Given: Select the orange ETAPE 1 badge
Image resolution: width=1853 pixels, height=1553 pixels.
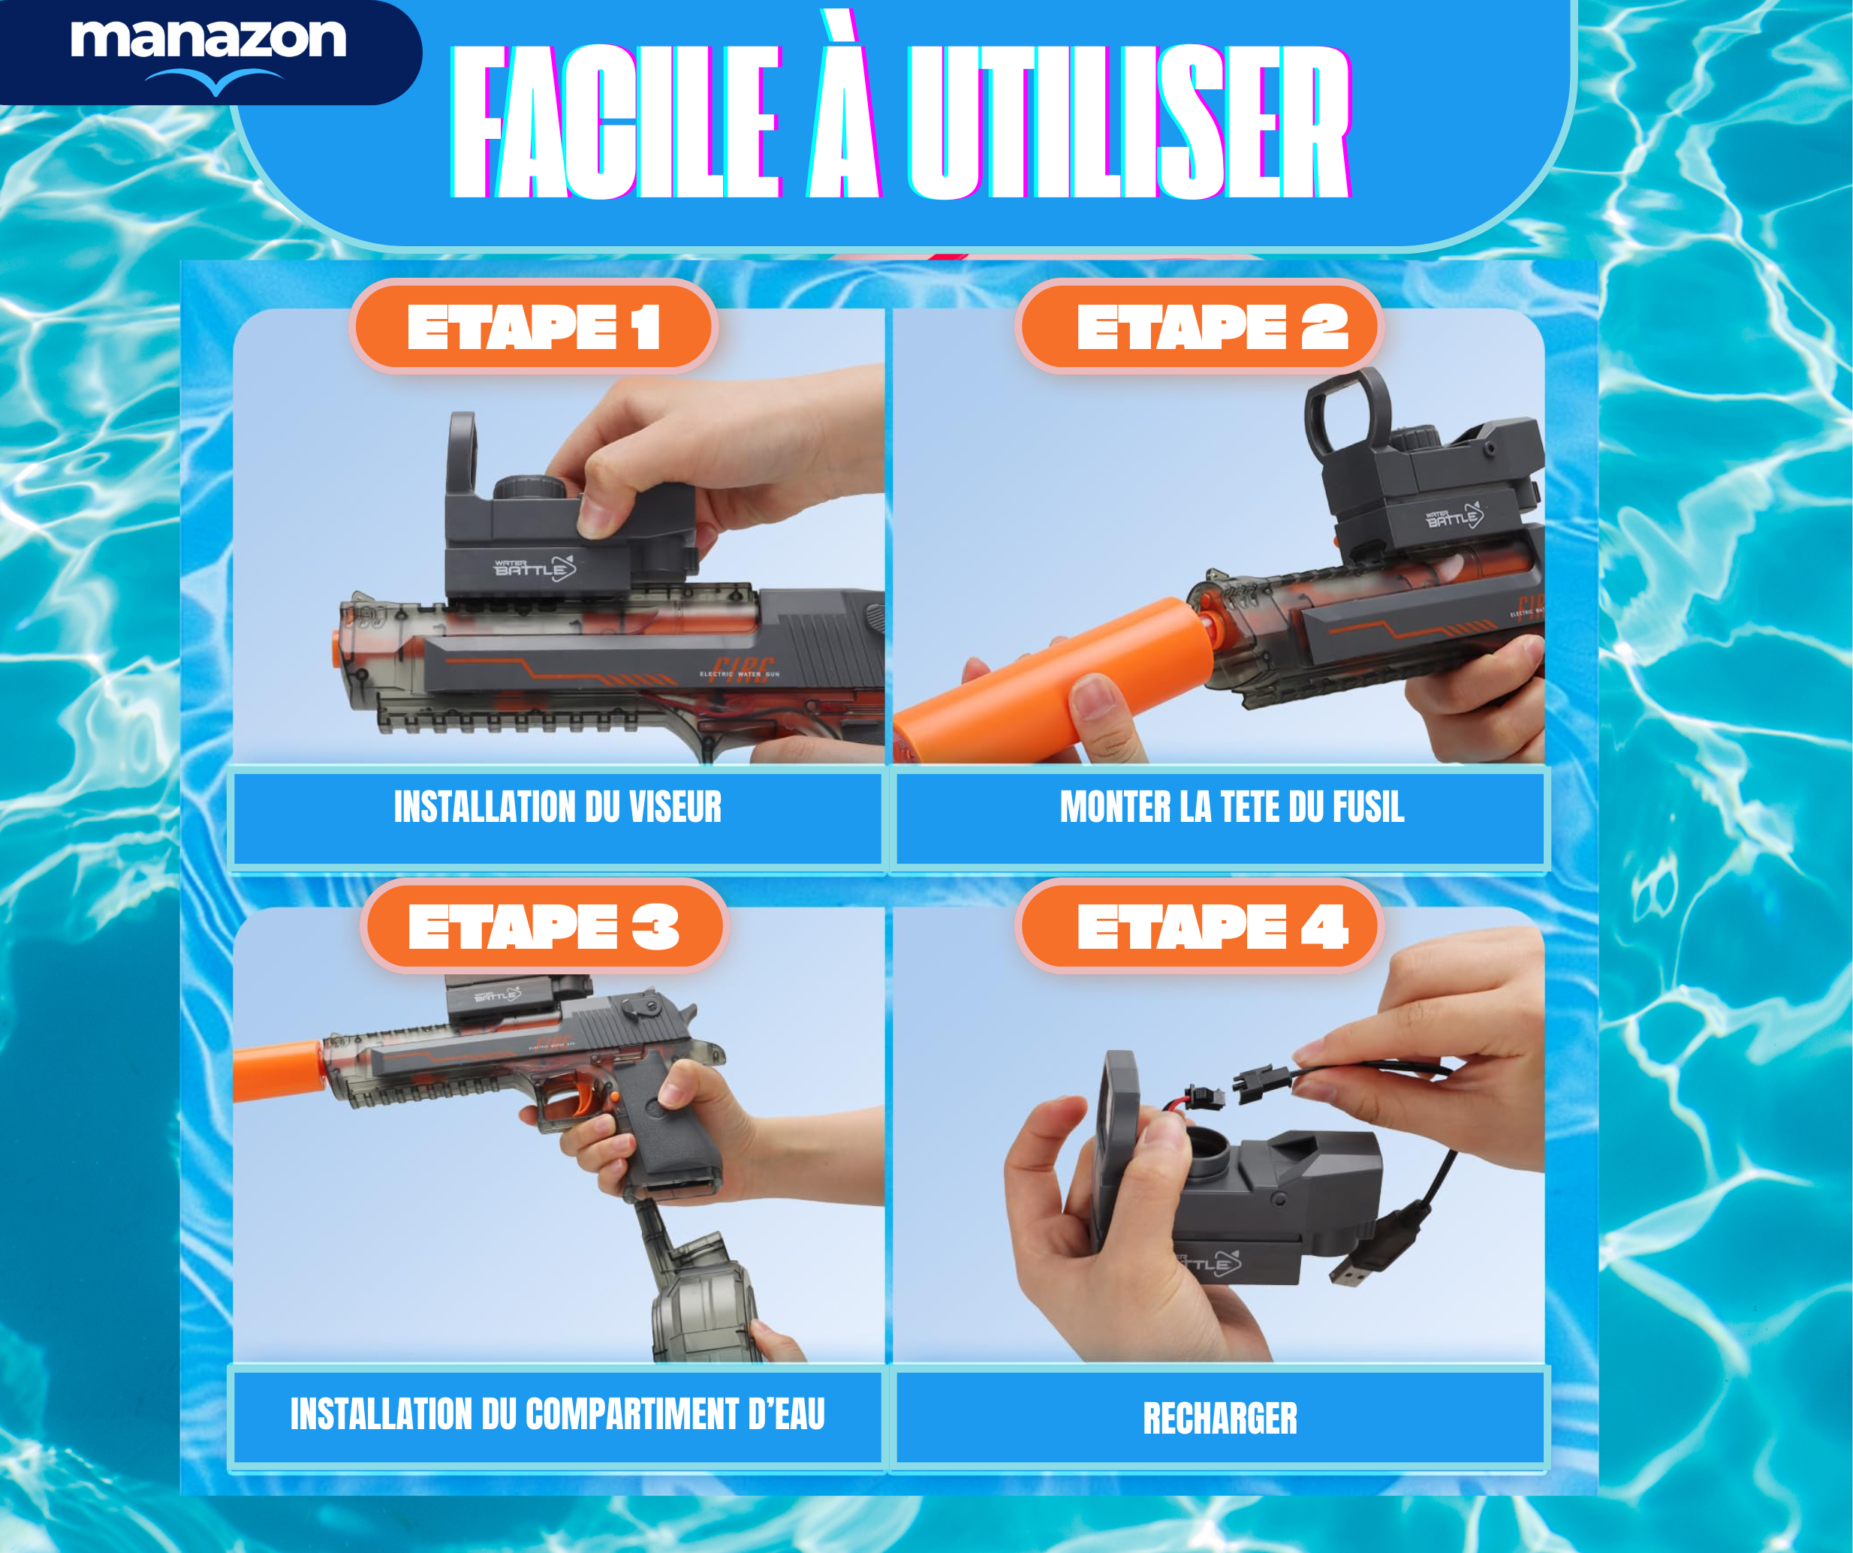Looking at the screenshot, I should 534,327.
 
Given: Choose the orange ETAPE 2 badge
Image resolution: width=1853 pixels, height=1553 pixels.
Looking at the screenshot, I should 1200,327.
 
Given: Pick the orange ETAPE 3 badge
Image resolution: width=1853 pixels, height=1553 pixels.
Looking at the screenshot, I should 544,926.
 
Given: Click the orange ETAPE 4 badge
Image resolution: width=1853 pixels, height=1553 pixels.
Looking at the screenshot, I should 1200,926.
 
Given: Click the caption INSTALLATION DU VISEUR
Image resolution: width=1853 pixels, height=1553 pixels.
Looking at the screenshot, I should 558,808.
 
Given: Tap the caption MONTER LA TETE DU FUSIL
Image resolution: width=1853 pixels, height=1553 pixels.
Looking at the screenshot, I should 1232,808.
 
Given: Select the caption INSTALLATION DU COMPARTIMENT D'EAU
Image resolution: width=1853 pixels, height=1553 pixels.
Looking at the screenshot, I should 558,1413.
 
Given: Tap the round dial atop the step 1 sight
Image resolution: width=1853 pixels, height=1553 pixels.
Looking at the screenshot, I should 529,487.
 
